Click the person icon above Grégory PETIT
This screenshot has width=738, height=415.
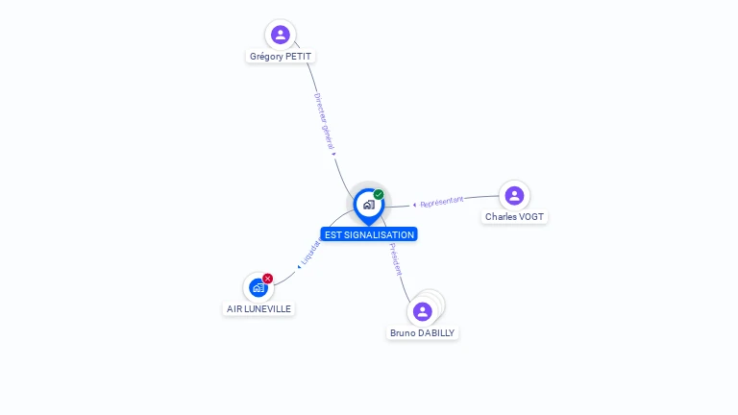281,35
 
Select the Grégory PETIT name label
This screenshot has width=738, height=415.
281,56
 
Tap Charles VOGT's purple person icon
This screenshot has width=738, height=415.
514,195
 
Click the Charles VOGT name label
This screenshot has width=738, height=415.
514,217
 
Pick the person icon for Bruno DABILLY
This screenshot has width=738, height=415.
422,311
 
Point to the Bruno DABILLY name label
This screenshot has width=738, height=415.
423,332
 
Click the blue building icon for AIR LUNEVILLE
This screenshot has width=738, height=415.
258,287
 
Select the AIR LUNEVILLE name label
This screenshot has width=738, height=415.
258,308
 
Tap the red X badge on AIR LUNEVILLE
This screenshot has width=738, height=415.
268,279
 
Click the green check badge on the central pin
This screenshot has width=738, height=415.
379,194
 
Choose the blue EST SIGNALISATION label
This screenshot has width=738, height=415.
369,234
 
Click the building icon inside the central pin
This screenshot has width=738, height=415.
368,204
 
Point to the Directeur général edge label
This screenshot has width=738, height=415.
324,121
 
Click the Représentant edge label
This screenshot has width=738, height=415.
441,202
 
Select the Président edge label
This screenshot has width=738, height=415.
395,259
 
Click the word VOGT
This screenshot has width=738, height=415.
530,217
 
